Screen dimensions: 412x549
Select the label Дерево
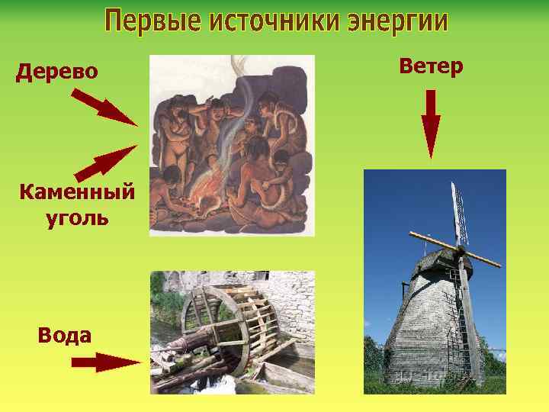(57, 72)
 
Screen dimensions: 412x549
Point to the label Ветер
(431, 66)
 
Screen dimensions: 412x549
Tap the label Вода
(64, 335)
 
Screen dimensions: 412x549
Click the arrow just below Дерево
(104, 107)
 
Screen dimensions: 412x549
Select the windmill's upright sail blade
(458, 214)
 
